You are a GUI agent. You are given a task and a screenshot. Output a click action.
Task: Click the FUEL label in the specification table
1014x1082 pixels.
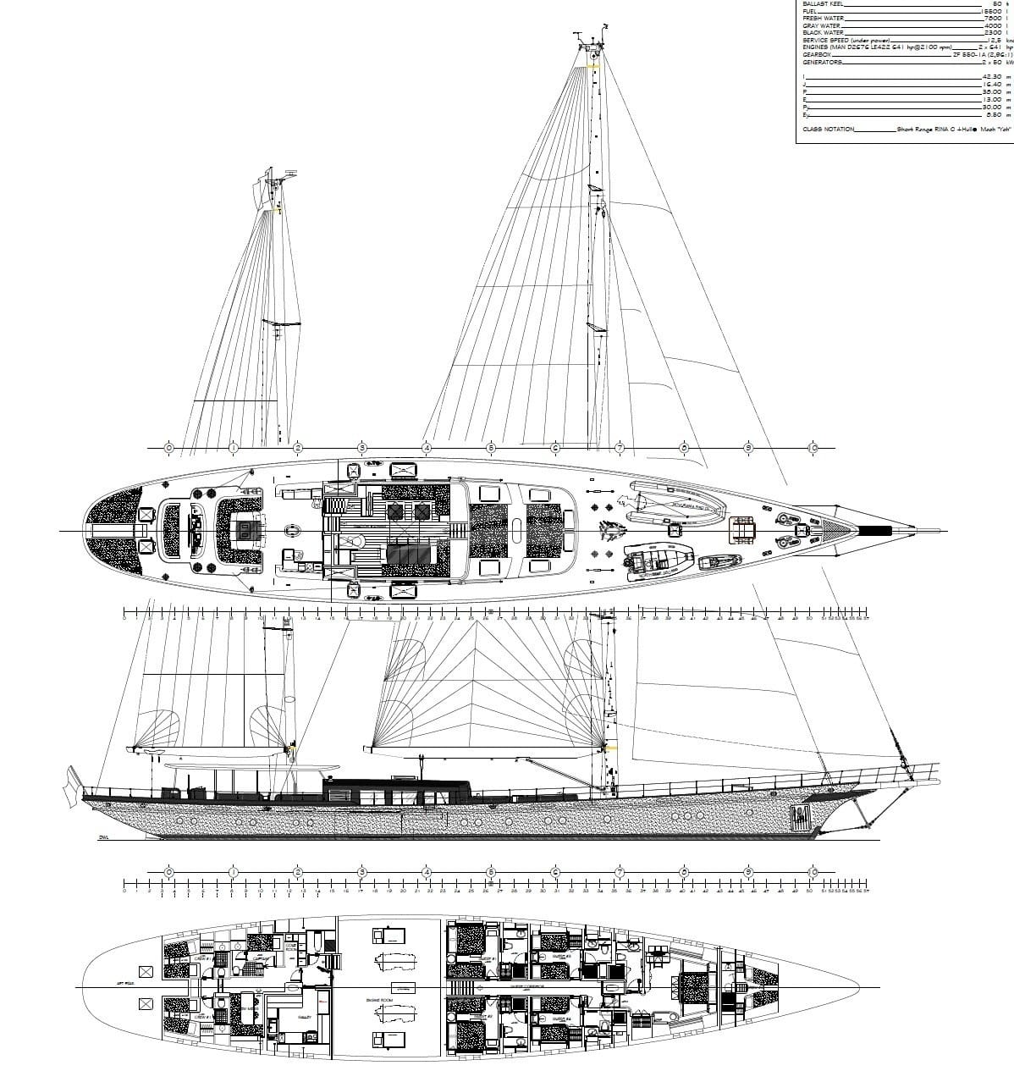[810, 11]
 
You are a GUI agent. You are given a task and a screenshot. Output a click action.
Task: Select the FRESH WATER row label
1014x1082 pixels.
[821, 18]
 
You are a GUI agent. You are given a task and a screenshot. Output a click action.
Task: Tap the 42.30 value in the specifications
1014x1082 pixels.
[991, 76]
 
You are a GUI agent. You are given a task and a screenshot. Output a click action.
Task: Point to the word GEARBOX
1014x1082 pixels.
[817, 54]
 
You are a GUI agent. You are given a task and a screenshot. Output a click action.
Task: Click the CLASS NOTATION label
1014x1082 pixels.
[829, 130]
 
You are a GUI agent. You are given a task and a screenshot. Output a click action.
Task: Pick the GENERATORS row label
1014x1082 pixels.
[822, 62]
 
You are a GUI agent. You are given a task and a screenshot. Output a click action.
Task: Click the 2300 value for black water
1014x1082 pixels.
[992, 32]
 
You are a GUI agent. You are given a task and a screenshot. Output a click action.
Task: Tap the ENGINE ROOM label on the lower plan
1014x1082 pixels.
[377, 1000]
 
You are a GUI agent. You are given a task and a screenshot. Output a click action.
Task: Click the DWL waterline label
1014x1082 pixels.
[104, 837]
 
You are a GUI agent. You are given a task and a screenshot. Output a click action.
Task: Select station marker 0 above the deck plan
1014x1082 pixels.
[168, 447]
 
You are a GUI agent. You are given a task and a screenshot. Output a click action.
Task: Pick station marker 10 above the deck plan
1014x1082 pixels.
[813, 447]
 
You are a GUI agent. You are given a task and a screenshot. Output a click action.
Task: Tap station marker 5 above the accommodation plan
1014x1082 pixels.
[490, 872]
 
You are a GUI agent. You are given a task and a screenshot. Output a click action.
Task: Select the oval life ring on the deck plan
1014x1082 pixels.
[293, 531]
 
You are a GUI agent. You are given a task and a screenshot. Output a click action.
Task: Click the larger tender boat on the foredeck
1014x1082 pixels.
[677, 507]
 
